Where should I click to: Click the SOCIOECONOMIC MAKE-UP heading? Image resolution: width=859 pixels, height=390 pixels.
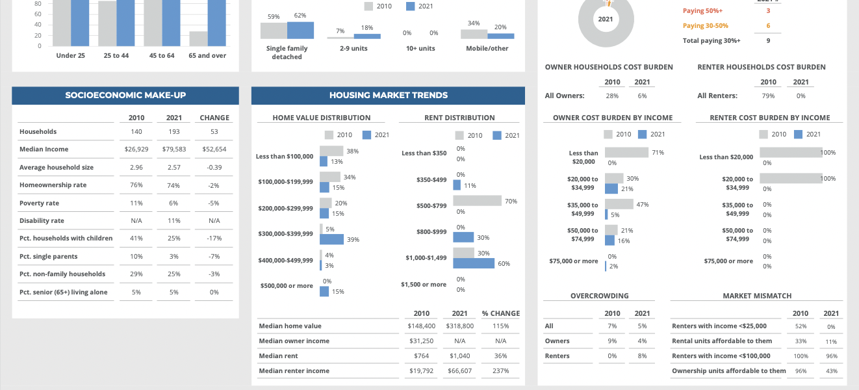pos(125,96)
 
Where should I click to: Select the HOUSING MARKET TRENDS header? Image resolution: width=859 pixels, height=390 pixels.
pos(388,96)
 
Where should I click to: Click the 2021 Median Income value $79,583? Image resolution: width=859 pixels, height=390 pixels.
pos(173,149)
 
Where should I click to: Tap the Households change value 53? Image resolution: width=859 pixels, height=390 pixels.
pos(214,132)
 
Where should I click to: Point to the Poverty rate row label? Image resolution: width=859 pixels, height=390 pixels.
pos(40,203)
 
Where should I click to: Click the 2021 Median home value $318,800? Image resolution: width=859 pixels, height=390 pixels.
pos(459,326)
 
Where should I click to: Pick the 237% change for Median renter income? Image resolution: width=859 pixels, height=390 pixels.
pos(500,371)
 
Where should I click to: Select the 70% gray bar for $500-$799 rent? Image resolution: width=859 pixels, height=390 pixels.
pos(477,201)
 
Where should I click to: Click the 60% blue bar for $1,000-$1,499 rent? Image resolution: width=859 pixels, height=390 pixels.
pos(474,263)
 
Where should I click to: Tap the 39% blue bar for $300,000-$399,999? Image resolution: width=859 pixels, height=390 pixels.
pos(331,239)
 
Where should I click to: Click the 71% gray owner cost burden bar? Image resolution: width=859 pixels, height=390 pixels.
pos(626,152)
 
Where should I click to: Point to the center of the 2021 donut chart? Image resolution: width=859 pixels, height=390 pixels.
pos(606,19)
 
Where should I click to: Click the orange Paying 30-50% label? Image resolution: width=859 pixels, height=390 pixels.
pos(705,26)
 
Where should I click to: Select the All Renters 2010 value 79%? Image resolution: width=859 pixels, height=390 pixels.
pos(768,96)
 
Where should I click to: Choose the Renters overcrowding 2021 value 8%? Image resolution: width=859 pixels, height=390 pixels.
pos(642,356)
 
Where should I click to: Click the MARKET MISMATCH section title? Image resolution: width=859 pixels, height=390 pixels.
pos(757,296)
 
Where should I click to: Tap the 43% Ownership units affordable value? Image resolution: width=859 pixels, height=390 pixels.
pos(831,371)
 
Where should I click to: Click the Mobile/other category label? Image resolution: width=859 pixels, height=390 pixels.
pos(487,49)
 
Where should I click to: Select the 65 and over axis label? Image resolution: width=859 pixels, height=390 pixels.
pos(207,56)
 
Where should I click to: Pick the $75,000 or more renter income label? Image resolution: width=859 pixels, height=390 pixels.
pos(728,261)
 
